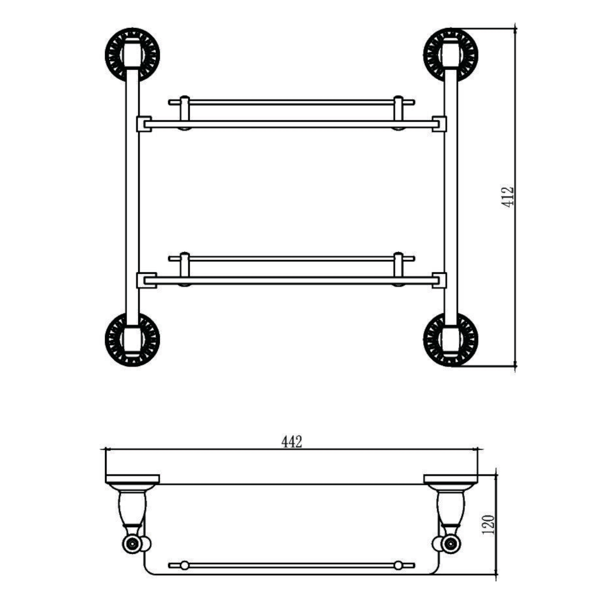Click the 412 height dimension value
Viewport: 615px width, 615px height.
click(508, 197)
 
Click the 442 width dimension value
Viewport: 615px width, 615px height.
click(292, 442)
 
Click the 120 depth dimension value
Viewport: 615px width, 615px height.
click(489, 524)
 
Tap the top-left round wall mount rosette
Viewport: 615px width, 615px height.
click(132, 55)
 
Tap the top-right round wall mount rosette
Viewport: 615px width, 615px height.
click(451, 55)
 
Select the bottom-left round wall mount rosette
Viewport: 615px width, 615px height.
click(132, 340)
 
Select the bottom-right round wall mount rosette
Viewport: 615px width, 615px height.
click(451, 340)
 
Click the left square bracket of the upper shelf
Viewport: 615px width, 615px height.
click(144, 124)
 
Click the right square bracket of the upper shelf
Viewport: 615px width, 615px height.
click(439, 124)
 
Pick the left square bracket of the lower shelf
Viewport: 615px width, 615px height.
click(146, 280)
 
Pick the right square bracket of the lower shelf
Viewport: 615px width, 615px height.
click(439, 280)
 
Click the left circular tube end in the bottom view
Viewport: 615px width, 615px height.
click(132, 544)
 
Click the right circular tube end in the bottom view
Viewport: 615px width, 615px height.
click(451, 544)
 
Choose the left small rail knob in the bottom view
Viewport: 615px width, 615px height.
click(184, 566)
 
